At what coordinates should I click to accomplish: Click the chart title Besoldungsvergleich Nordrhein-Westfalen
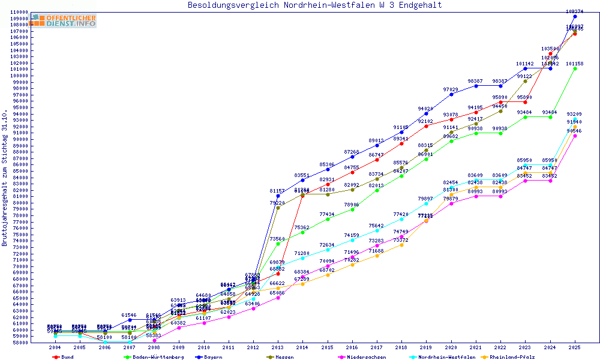point(314,5)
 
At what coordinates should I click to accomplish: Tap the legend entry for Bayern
point(212,357)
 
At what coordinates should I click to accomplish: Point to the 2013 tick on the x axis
point(278,347)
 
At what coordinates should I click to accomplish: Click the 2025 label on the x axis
point(575,347)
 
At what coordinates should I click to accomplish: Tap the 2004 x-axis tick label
point(55,347)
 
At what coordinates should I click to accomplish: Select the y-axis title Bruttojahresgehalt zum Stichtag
point(5,178)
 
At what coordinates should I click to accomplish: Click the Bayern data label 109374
point(575,11)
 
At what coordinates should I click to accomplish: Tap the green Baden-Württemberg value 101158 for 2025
point(575,63)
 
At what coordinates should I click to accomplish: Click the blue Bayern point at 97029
point(451,94)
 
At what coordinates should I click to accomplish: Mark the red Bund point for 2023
point(525,102)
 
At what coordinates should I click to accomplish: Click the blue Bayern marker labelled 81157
point(278,196)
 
